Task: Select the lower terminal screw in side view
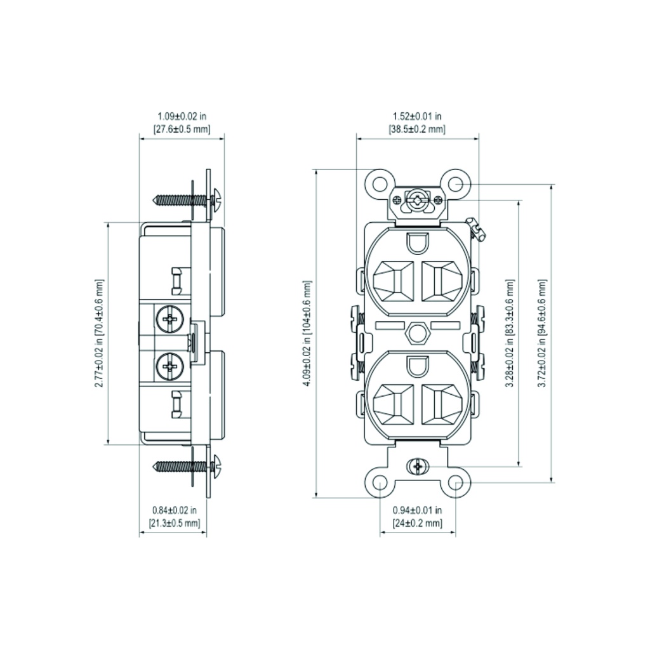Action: point(170,366)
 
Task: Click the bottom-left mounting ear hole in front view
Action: point(380,483)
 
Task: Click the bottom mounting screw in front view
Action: point(417,468)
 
